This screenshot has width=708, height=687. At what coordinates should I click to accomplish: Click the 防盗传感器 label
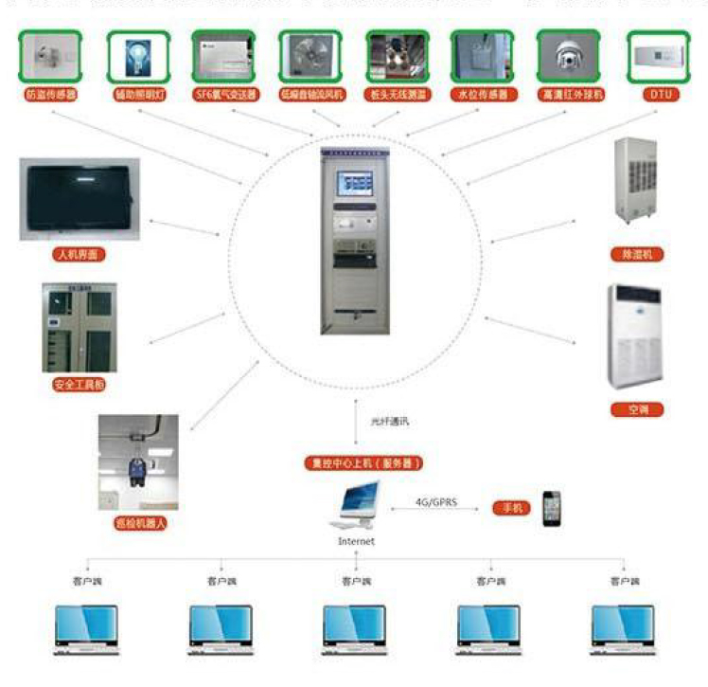pyautogui.click(x=52, y=95)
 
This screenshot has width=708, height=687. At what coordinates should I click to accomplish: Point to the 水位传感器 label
pyautogui.click(x=482, y=95)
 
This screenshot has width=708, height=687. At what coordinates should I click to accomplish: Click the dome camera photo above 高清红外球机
pyautogui.click(x=570, y=57)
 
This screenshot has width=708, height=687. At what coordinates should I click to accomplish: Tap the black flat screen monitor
pyautogui.click(x=79, y=200)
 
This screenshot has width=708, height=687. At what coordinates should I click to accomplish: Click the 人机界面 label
pyautogui.click(x=79, y=255)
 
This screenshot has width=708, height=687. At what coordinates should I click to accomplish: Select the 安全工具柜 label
pyautogui.click(x=78, y=386)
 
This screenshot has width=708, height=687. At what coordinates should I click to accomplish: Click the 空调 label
pyautogui.click(x=635, y=409)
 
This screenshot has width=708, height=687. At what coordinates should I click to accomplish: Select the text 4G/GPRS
pyautogui.click(x=437, y=502)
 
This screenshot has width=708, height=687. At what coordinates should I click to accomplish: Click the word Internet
pyautogui.click(x=357, y=541)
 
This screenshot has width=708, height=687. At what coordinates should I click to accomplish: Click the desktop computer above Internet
pyautogui.click(x=358, y=507)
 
